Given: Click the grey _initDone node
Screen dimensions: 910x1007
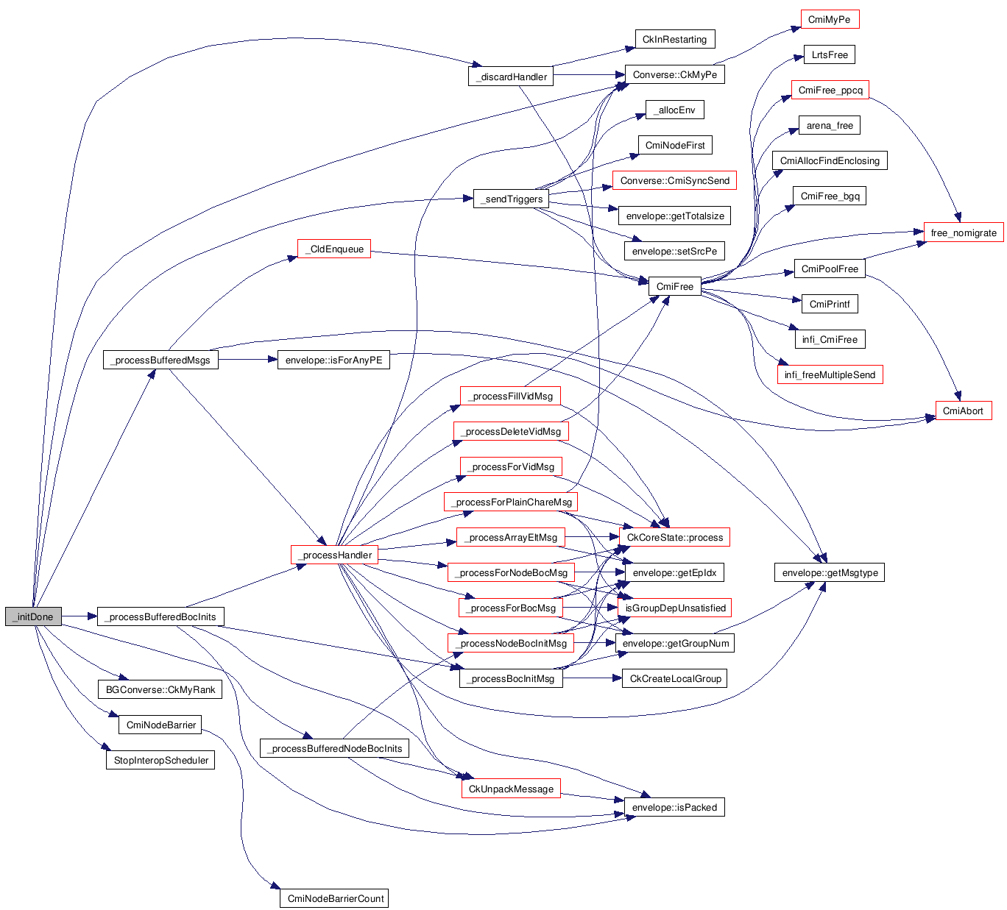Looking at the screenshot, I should click(x=33, y=616).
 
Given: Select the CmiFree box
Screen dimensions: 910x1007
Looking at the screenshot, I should click(x=674, y=286).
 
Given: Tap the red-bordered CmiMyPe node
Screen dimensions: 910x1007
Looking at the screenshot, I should click(x=829, y=20).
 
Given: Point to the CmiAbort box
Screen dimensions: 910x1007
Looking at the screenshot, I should click(x=963, y=410).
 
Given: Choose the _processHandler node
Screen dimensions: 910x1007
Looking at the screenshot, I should click(x=334, y=555).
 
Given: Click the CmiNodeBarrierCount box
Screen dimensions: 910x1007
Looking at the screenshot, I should click(x=334, y=898).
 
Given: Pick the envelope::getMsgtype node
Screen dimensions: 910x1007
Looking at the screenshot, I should click(x=830, y=572).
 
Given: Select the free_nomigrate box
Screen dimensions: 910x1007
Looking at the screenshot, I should click(x=963, y=232).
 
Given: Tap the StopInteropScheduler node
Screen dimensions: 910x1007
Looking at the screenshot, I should click(x=160, y=760).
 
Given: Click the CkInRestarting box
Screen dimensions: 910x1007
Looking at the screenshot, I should click(x=674, y=40).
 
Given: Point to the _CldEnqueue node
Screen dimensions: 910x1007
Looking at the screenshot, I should click(x=333, y=249).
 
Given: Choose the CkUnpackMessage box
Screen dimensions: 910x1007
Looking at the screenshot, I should click(x=511, y=789).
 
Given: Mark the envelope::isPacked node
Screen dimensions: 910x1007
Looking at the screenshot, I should click(x=674, y=807).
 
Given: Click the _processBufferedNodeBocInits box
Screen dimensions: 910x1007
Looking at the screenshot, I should click(x=334, y=748).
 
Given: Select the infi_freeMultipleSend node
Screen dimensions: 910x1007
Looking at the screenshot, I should click(x=830, y=374).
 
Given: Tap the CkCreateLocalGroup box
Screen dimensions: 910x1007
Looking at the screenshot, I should click(x=675, y=678).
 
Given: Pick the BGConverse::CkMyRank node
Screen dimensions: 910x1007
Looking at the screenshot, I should click(x=160, y=689).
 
